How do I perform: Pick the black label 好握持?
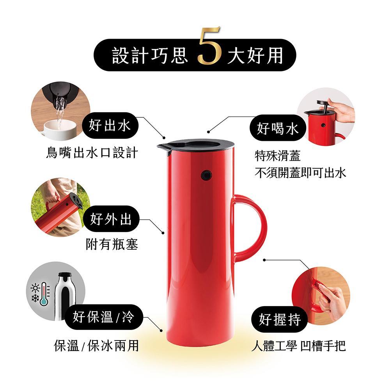pos(280,320)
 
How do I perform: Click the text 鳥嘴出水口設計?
pos(92,152)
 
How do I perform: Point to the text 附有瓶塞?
pos(112,245)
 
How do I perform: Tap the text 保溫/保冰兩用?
pos(96,345)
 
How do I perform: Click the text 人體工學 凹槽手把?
pos(298,346)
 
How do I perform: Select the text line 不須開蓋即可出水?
pos(300,172)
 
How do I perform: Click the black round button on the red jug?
pos(206,175)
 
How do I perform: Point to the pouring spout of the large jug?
pos(162,147)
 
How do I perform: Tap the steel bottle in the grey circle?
pos(65,294)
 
